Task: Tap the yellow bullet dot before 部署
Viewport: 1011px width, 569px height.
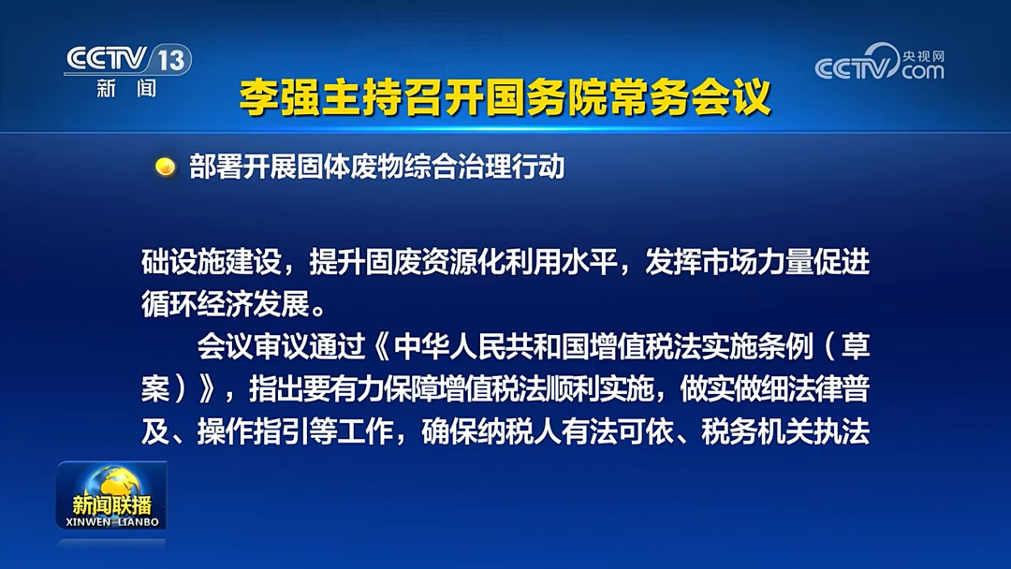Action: pos(166,168)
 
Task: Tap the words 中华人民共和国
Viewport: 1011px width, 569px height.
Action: pos(478,348)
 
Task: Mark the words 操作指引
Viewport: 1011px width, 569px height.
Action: pos(253,432)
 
